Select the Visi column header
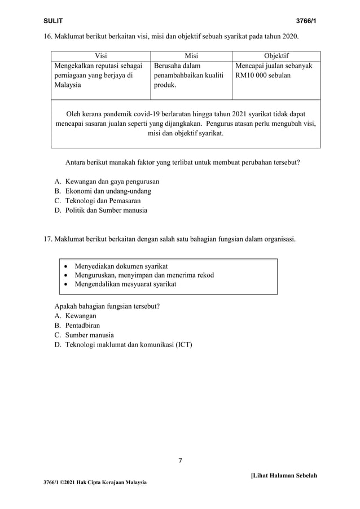pyautogui.click(x=101, y=55)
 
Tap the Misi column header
pyautogui.click(x=191, y=55)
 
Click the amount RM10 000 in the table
pyautogui.click(x=253, y=75)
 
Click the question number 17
pyautogui.click(x=48, y=239)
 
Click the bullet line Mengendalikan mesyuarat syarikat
pyautogui.click(x=125, y=284)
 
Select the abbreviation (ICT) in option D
pyautogui.click(x=183, y=344)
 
